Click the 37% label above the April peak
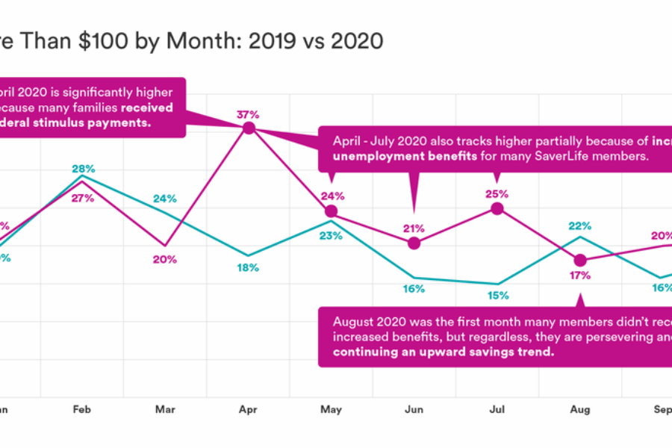248,115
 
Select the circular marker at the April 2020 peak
249,128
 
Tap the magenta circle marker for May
332,211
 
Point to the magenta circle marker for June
414,243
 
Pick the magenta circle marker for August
580,261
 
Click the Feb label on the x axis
82,410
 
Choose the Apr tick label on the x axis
248,410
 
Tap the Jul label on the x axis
497,410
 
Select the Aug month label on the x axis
580,410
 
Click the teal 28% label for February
83,169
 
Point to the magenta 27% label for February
83,198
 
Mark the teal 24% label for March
165,199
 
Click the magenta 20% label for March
165,259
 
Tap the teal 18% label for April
248,268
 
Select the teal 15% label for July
497,296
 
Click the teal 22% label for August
580,225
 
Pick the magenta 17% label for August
580,276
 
